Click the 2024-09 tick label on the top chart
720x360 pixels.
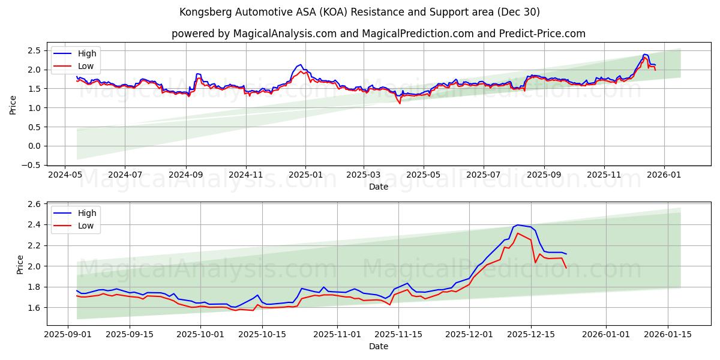tap(185, 175)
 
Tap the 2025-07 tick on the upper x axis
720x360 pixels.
tap(484, 175)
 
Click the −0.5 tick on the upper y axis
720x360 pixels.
tap(33, 165)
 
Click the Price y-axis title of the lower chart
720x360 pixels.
tap(20, 265)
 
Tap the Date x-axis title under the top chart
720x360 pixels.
tap(378, 187)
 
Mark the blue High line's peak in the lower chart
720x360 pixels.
tap(517, 224)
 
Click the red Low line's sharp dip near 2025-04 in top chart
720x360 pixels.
tap(400, 103)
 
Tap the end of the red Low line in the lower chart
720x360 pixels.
tap(566, 268)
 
